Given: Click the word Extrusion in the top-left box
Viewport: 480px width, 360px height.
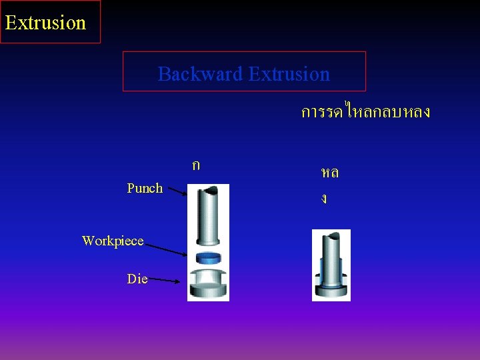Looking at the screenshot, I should [45, 22].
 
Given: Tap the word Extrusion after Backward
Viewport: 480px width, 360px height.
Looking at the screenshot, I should [289, 73].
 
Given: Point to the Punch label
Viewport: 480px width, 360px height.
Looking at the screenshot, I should [145, 188].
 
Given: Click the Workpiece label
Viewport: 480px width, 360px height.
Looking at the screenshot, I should [113, 241].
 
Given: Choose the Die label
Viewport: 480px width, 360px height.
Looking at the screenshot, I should [137, 279].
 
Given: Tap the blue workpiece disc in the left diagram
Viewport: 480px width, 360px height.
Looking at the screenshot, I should [207, 258].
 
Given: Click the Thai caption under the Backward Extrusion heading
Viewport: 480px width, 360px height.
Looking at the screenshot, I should [365, 112].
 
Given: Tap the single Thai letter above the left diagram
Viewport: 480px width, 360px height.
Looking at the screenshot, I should [195, 165].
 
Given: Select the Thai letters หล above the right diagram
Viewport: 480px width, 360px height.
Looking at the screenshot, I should [329, 173].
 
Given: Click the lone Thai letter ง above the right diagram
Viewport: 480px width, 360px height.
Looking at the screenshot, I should [324, 199].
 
